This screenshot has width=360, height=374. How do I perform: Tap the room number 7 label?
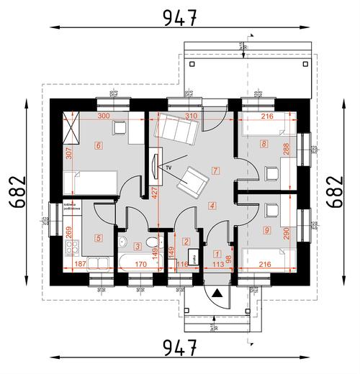click(x=215, y=170)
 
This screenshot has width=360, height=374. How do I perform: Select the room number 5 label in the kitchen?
click(x=99, y=237)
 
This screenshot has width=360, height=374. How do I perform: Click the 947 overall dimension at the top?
click(x=179, y=18)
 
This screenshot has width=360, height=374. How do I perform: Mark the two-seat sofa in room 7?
click(x=176, y=129)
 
